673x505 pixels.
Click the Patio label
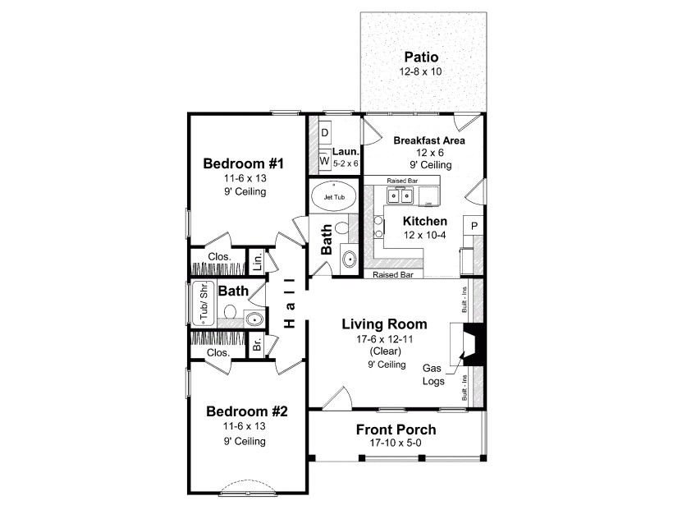coord(421,57)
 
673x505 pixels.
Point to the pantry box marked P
coord(474,226)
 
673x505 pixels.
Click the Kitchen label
coord(424,221)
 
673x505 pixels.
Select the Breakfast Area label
coord(428,140)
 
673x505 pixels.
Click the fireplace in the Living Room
coord(472,343)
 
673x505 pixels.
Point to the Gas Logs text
coord(433,375)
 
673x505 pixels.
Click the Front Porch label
coord(396,429)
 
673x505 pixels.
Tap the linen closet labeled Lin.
coord(257,261)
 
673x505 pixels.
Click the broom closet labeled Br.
coord(257,343)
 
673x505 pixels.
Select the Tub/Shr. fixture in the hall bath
coord(201,304)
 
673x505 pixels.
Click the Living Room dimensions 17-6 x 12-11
coord(384,337)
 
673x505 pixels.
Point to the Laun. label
coord(346,152)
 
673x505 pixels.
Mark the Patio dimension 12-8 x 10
coord(421,72)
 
